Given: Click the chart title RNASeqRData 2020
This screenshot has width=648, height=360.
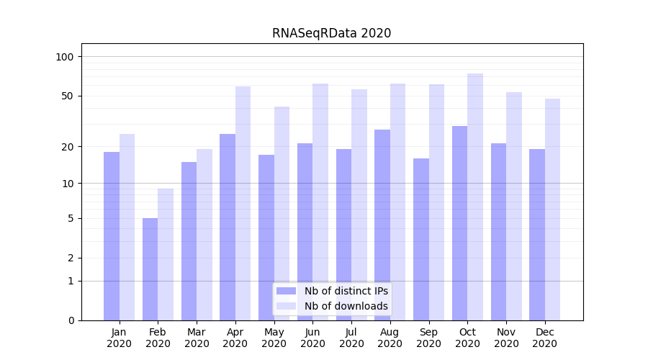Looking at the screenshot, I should coord(331,33).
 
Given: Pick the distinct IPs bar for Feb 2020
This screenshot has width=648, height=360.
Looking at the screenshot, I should coord(150,269).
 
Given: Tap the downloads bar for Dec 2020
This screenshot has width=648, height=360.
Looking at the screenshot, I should coord(552,210).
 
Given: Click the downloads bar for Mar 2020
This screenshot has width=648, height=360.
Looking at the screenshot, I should coord(204,235).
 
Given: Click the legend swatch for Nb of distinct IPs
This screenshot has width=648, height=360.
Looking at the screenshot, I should coord(287,291).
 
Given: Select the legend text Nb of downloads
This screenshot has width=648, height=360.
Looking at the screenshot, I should coord(346,306).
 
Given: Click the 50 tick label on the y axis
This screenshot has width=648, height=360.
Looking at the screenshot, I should coord(68,96).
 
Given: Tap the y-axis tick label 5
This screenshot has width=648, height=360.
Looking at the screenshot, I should coord(71,218).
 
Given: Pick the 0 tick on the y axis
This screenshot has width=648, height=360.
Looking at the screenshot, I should coord(71,320).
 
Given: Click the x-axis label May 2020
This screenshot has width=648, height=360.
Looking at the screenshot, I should coord(274,338).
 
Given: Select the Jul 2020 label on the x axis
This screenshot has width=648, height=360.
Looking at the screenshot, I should coord(351,338).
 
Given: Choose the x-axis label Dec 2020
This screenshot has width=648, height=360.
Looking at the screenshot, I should coord(544,338).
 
